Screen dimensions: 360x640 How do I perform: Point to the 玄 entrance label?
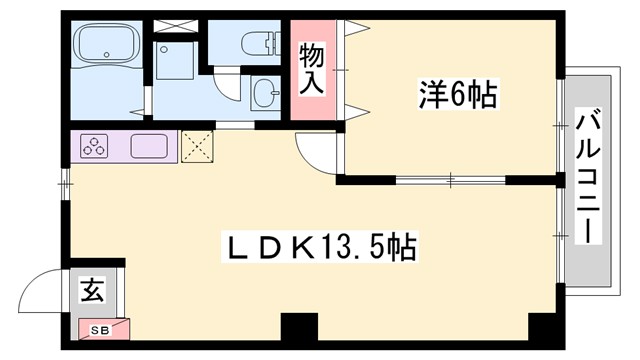[91, 291]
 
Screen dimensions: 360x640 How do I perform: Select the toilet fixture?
[260, 43]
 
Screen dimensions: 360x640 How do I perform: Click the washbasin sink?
[267, 94]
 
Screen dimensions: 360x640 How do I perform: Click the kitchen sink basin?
[150, 146]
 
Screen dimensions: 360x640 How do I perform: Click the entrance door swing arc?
[45, 291]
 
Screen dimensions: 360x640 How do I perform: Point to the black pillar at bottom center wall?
[298, 328]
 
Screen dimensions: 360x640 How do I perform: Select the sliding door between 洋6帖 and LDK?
[450, 181]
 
